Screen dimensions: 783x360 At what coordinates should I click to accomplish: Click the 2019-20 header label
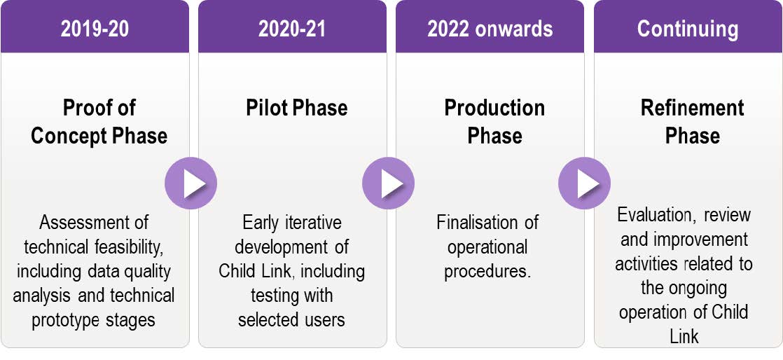tap(95, 29)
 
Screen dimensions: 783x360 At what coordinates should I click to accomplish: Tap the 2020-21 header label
tap(292, 29)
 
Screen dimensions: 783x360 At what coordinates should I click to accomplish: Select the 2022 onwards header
tap(490, 29)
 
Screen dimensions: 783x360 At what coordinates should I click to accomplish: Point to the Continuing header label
tap(688, 29)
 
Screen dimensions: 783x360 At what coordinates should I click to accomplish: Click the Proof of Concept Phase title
tap(99, 122)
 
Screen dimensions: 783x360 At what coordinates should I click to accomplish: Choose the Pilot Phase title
tap(297, 108)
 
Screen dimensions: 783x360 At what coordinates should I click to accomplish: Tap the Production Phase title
tap(494, 122)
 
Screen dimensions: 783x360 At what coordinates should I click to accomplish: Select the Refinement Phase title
tap(692, 122)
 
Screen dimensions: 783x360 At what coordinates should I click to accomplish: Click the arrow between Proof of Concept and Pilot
tap(190, 184)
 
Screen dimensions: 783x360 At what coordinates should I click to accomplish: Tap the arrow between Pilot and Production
tap(389, 184)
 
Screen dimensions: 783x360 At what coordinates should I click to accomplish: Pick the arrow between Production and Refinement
tap(585, 184)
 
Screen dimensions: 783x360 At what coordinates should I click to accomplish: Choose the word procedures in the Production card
tap(486, 271)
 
